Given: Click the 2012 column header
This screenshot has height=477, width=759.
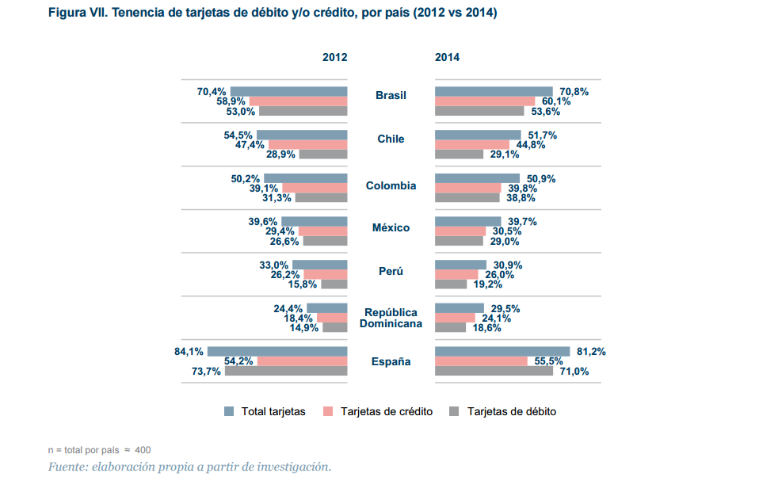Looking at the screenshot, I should pyautogui.click(x=334, y=58).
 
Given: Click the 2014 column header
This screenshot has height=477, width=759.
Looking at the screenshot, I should pyautogui.click(x=447, y=58).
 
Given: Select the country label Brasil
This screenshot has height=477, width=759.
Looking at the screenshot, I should pyautogui.click(x=391, y=96).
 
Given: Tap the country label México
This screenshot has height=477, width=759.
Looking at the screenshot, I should pyautogui.click(x=391, y=228).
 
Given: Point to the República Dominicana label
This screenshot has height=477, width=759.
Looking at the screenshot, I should pyautogui.click(x=391, y=318).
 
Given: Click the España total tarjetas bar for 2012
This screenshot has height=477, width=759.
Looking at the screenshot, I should pyautogui.click(x=277, y=352).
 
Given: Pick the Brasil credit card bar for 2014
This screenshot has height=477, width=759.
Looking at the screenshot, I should pyautogui.click(x=485, y=101).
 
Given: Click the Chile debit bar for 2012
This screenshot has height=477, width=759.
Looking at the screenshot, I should pyautogui.click(x=322, y=155).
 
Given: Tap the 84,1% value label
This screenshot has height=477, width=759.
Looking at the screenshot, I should pyautogui.click(x=189, y=352).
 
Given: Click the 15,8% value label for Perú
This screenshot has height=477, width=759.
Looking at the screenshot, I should pyautogui.click(x=303, y=284).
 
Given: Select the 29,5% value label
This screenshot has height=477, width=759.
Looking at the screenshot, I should pyautogui.click(x=505, y=309).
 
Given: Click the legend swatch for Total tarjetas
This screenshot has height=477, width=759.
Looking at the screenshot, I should pyautogui.click(x=229, y=411).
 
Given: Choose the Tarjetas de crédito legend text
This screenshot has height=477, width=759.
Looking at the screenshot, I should pyautogui.click(x=387, y=412).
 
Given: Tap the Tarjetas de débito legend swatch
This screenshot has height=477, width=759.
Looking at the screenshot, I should pyautogui.click(x=454, y=411).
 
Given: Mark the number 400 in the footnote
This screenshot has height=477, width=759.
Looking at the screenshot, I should pyautogui.click(x=143, y=450).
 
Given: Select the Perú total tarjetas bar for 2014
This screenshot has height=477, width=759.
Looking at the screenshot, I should pyautogui.click(x=460, y=265).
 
